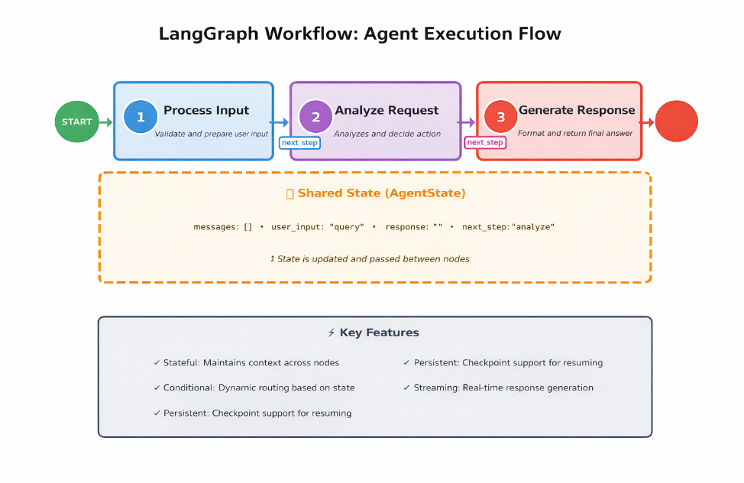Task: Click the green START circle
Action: coord(77,122)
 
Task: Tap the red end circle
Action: coord(676,122)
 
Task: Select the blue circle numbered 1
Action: coord(141,117)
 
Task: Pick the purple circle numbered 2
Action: coord(315,117)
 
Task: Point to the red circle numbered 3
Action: coord(501,117)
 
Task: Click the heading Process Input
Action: coord(206,110)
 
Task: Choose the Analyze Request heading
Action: coord(387,110)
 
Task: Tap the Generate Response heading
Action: coord(577,110)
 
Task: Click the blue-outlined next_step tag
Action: coord(299,142)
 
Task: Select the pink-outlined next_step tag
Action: coord(485,142)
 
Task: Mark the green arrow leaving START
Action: coord(106,122)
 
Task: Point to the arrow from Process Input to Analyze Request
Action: coord(280,122)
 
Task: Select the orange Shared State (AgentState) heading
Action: coord(375,193)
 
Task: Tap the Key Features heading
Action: coord(374,332)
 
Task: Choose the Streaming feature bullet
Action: coord(498,387)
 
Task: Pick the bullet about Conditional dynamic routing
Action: coord(254,387)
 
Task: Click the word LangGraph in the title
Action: coord(198,34)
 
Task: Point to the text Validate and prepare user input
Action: coord(212,134)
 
